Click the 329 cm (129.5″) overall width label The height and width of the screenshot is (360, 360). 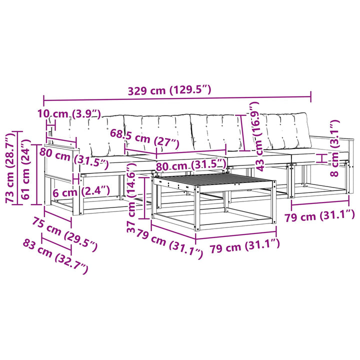coord(169,90)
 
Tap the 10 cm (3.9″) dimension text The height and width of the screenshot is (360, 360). coord(69,114)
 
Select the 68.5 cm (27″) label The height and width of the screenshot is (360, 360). coord(144,139)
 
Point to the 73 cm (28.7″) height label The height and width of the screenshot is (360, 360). coord(10,168)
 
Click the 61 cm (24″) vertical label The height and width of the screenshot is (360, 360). coord(25,170)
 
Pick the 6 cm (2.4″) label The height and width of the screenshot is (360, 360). coord(81,191)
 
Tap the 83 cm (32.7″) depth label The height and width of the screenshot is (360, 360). coord(55,256)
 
